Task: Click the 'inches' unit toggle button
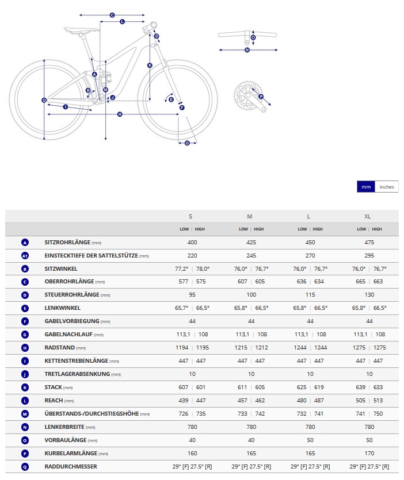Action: pos(387,187)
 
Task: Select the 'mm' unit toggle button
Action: pos(366,187)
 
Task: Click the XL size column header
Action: pos(367,216)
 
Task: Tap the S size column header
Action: pos(190,216)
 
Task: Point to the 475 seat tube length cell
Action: pos(369,243)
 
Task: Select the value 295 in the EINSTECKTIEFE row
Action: pos(369,256)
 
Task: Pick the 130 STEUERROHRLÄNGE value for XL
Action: pos(369,295)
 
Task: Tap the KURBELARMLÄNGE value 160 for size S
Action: pos(192,454)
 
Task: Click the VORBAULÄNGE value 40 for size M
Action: pos(251,440)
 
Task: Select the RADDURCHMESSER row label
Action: pos(71,466)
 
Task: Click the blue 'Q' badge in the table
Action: pos(25,466)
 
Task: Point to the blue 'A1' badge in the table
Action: pos(25,256)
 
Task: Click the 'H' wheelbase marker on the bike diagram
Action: pos(120,114)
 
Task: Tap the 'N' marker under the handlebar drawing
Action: pos(247,50)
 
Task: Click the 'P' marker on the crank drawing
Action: pos(261,97)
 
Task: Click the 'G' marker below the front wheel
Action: pos(187,143)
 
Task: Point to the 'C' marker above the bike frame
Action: pos(112,15)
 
